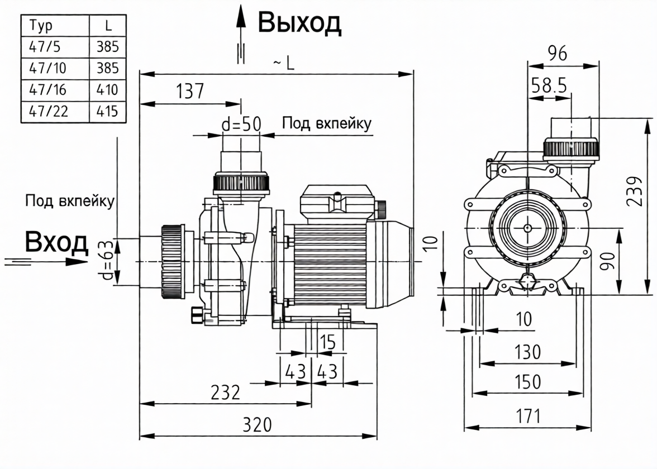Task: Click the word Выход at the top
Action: pos(299,22)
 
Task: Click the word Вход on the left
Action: pos(56,243)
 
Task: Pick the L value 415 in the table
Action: pos(107,111)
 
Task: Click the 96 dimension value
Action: pos(557,54)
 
